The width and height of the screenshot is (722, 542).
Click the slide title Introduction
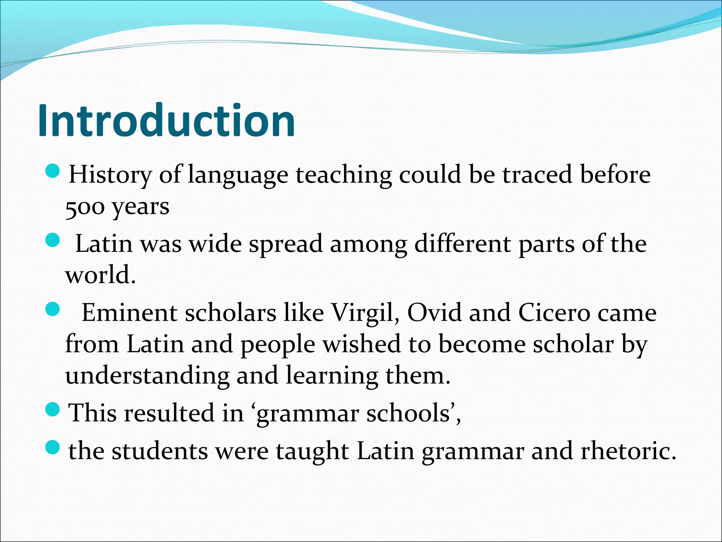166,121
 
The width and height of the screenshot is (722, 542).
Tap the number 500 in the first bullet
85,207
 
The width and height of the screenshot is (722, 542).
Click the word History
110,175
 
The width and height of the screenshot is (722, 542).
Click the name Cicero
554,313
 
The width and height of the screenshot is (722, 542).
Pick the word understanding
147,375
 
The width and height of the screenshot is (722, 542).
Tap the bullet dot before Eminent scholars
53,310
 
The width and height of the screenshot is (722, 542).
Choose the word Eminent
129,313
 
